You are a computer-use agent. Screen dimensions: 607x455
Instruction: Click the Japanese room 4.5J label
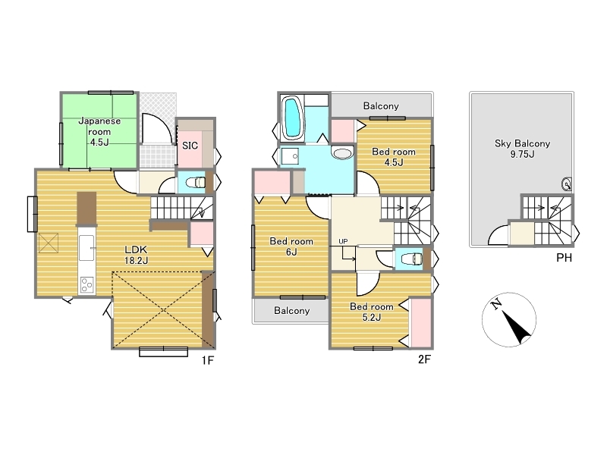(99, 131)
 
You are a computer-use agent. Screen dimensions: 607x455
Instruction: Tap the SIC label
(190, 146)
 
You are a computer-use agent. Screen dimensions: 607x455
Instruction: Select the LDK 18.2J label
(136, 255)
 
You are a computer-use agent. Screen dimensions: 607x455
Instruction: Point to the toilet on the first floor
(196, 182)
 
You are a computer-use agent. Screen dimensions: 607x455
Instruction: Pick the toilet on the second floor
(411, 259)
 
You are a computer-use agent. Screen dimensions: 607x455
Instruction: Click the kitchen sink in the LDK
(86, 248)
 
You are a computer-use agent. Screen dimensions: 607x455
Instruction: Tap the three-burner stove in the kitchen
(86, 285)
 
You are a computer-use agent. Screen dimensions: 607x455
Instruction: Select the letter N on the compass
(496, 305)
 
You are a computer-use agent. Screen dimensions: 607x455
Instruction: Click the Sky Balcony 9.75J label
(522, 149)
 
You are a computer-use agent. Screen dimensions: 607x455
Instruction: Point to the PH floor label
(564, 257)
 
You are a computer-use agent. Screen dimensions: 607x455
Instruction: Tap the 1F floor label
(207, 360)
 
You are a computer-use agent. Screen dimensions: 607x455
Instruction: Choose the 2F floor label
(424, 359)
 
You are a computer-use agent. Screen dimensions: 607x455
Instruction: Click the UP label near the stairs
(343, 241)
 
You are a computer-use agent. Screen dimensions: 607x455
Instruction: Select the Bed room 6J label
(291, 246)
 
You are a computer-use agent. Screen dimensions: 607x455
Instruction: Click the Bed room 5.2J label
(371, 312)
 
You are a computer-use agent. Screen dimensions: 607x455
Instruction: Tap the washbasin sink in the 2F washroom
(342, 153)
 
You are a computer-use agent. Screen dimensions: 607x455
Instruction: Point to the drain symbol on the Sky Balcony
(566, 184)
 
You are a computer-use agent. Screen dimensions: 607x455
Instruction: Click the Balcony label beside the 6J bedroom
(291, 310)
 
